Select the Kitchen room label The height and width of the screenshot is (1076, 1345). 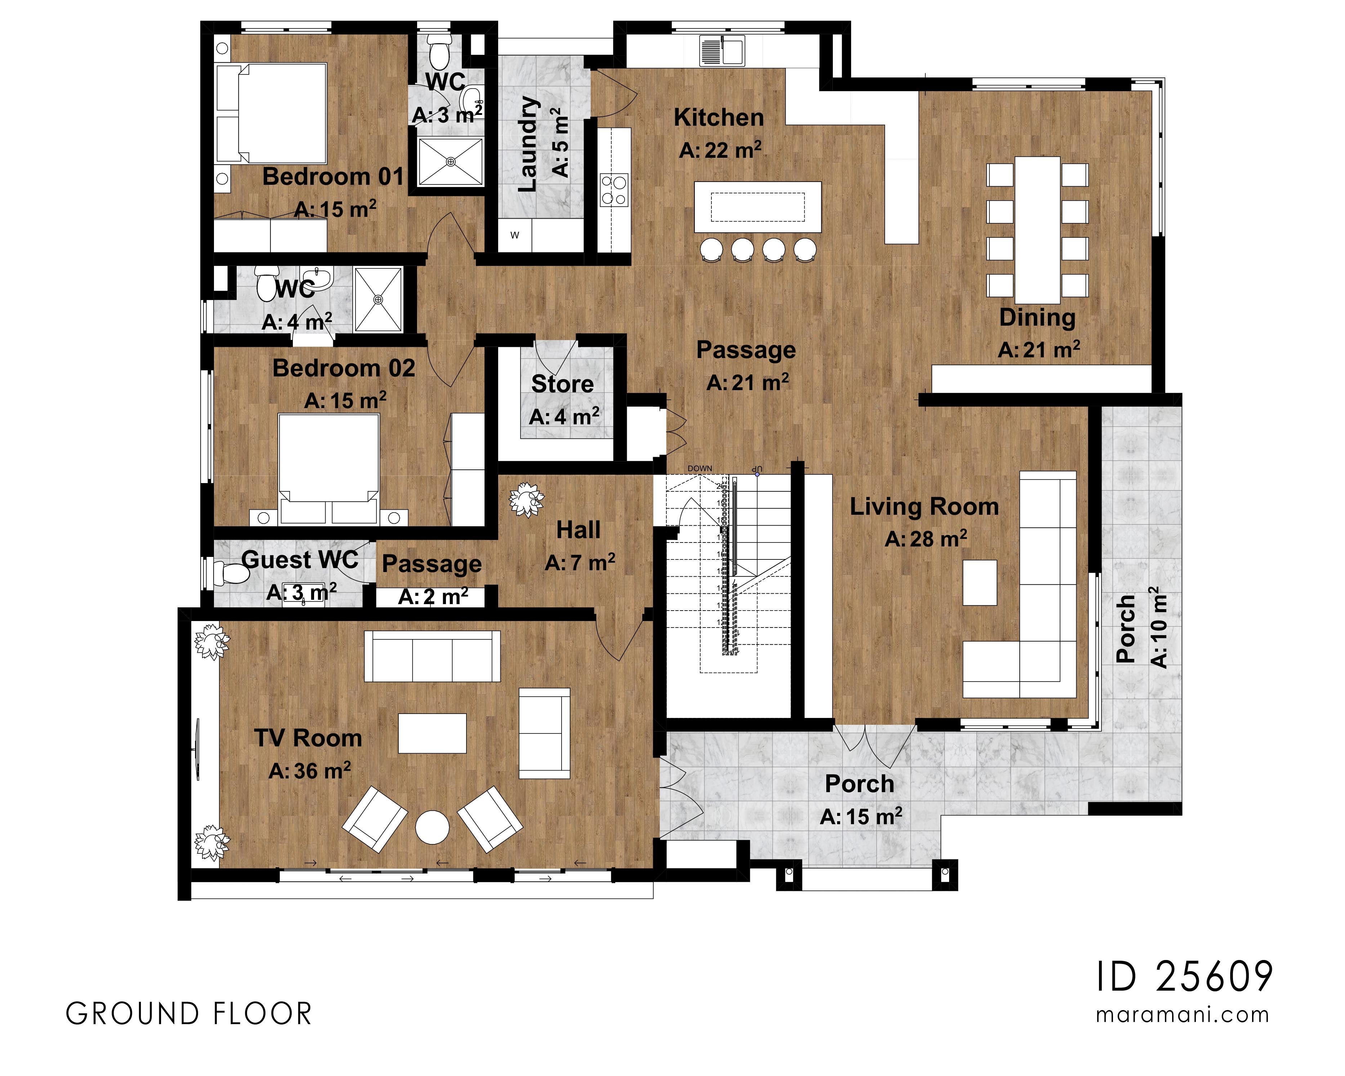click(719, 117)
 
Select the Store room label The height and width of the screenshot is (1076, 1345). click(562, 384)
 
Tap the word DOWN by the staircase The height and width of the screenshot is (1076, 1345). click(699, 468)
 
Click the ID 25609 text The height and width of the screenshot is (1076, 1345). click(1184, 977)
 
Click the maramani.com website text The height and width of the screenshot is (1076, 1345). click(1182, 1015)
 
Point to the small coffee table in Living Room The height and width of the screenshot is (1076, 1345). click(979, 582)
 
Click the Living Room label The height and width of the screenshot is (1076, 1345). click(924, 506)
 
